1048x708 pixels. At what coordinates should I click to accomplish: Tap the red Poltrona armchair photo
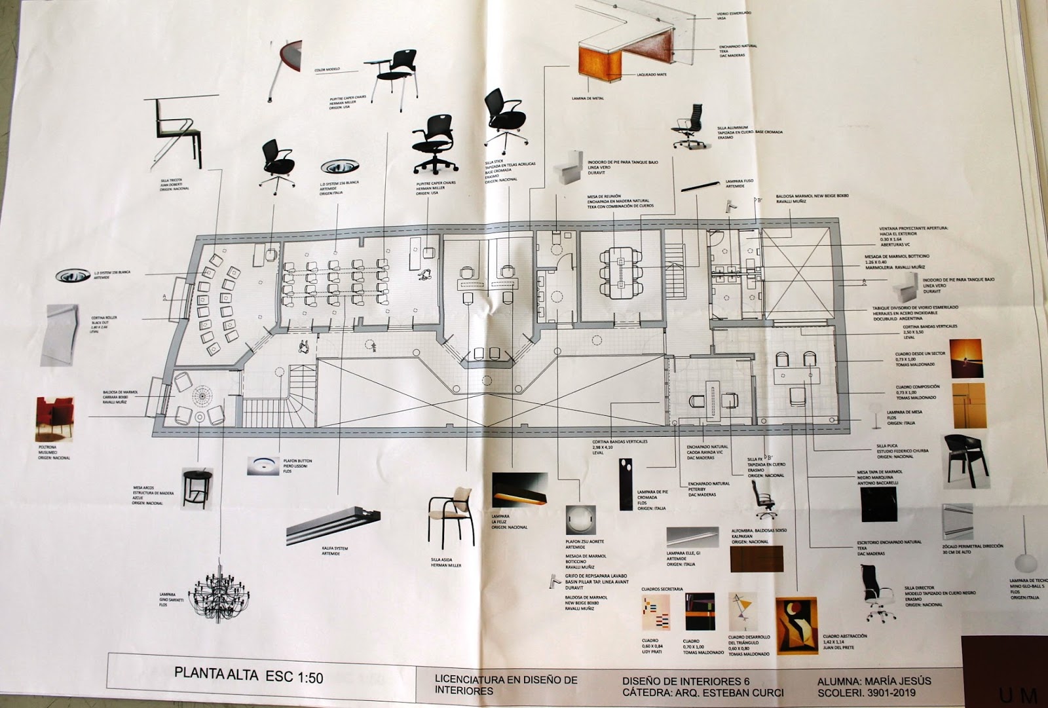point(55,420)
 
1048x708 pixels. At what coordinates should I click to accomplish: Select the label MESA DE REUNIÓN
point(603,196)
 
